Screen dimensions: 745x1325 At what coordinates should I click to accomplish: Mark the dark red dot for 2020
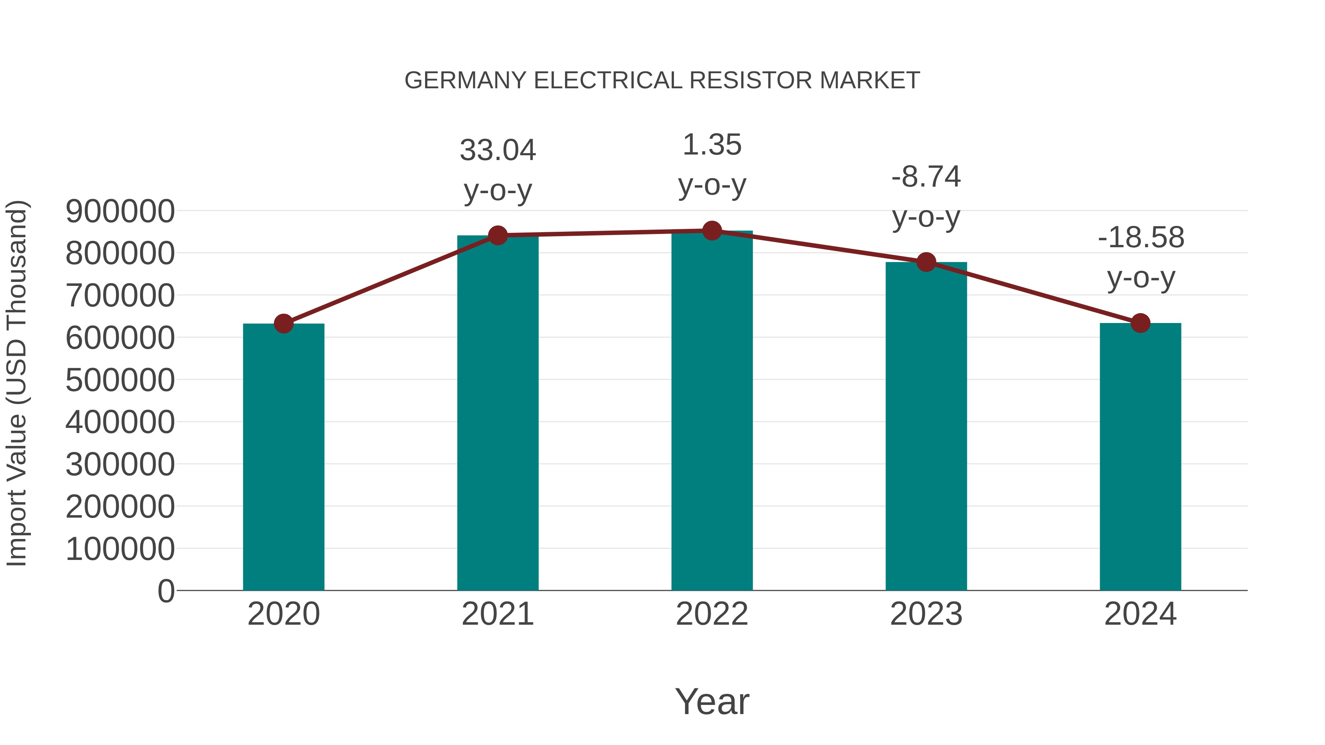[x=283, y=323]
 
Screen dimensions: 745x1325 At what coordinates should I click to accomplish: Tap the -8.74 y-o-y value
[x=926, y=177]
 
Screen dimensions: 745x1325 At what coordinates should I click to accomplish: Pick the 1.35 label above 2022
[x=712, y=145]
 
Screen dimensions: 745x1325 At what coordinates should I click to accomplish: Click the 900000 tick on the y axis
[x=120, y=211]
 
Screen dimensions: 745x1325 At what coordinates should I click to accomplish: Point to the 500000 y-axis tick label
[x=120, y=380]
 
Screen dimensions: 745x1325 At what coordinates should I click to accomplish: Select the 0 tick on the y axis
[x=166, y=591]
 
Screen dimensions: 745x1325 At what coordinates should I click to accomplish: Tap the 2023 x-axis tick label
[x=926, y=614]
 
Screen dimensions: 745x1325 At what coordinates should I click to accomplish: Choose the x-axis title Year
[x=712, y=701]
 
